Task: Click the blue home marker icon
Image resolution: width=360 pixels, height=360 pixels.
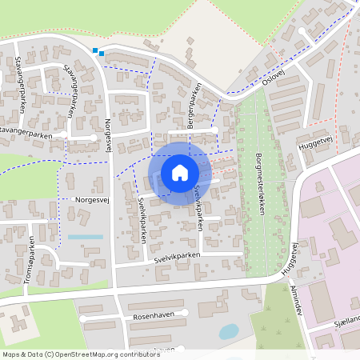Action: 179,173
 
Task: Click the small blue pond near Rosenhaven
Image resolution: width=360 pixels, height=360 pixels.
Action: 228,330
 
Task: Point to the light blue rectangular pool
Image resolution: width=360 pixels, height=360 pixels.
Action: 85,237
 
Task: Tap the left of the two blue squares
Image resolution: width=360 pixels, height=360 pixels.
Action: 95,51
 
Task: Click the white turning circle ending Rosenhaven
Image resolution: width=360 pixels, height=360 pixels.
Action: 185,313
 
